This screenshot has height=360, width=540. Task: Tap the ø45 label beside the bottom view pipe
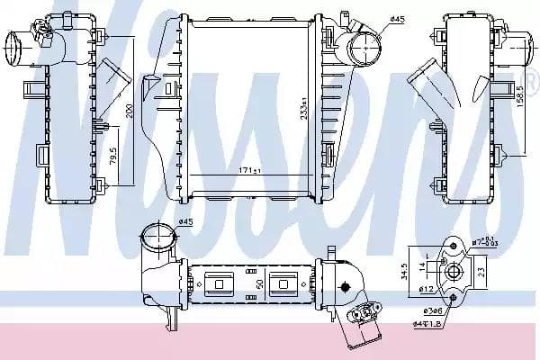pos(186,222)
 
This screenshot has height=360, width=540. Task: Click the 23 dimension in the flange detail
pos(481,269)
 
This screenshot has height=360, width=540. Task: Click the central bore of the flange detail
pos(453,271)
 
